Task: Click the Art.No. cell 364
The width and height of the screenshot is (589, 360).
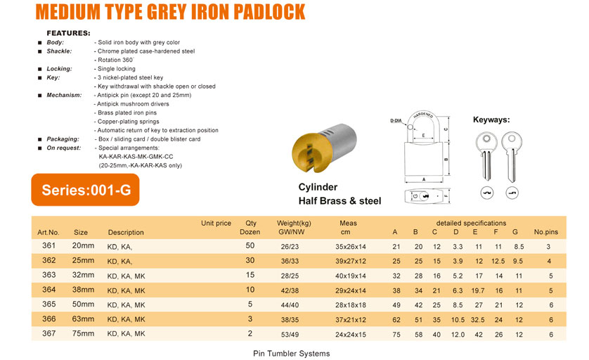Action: pos(48,290)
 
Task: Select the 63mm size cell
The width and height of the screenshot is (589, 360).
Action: pos(83,319)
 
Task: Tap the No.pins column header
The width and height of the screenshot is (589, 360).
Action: pos(545,232)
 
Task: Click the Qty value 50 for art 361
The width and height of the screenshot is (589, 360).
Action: pos(250,245)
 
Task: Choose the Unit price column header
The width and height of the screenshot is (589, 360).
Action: pos(216,224)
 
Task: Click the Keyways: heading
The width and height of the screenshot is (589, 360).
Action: pos(491,120)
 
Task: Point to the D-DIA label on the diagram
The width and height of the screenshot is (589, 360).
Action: pos(399,121)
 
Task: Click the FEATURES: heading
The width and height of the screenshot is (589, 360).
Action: pos(68,33)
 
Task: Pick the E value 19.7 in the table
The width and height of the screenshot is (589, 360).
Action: pos(479,290)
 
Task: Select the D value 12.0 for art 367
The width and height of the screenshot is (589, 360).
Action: pos(458,334)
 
